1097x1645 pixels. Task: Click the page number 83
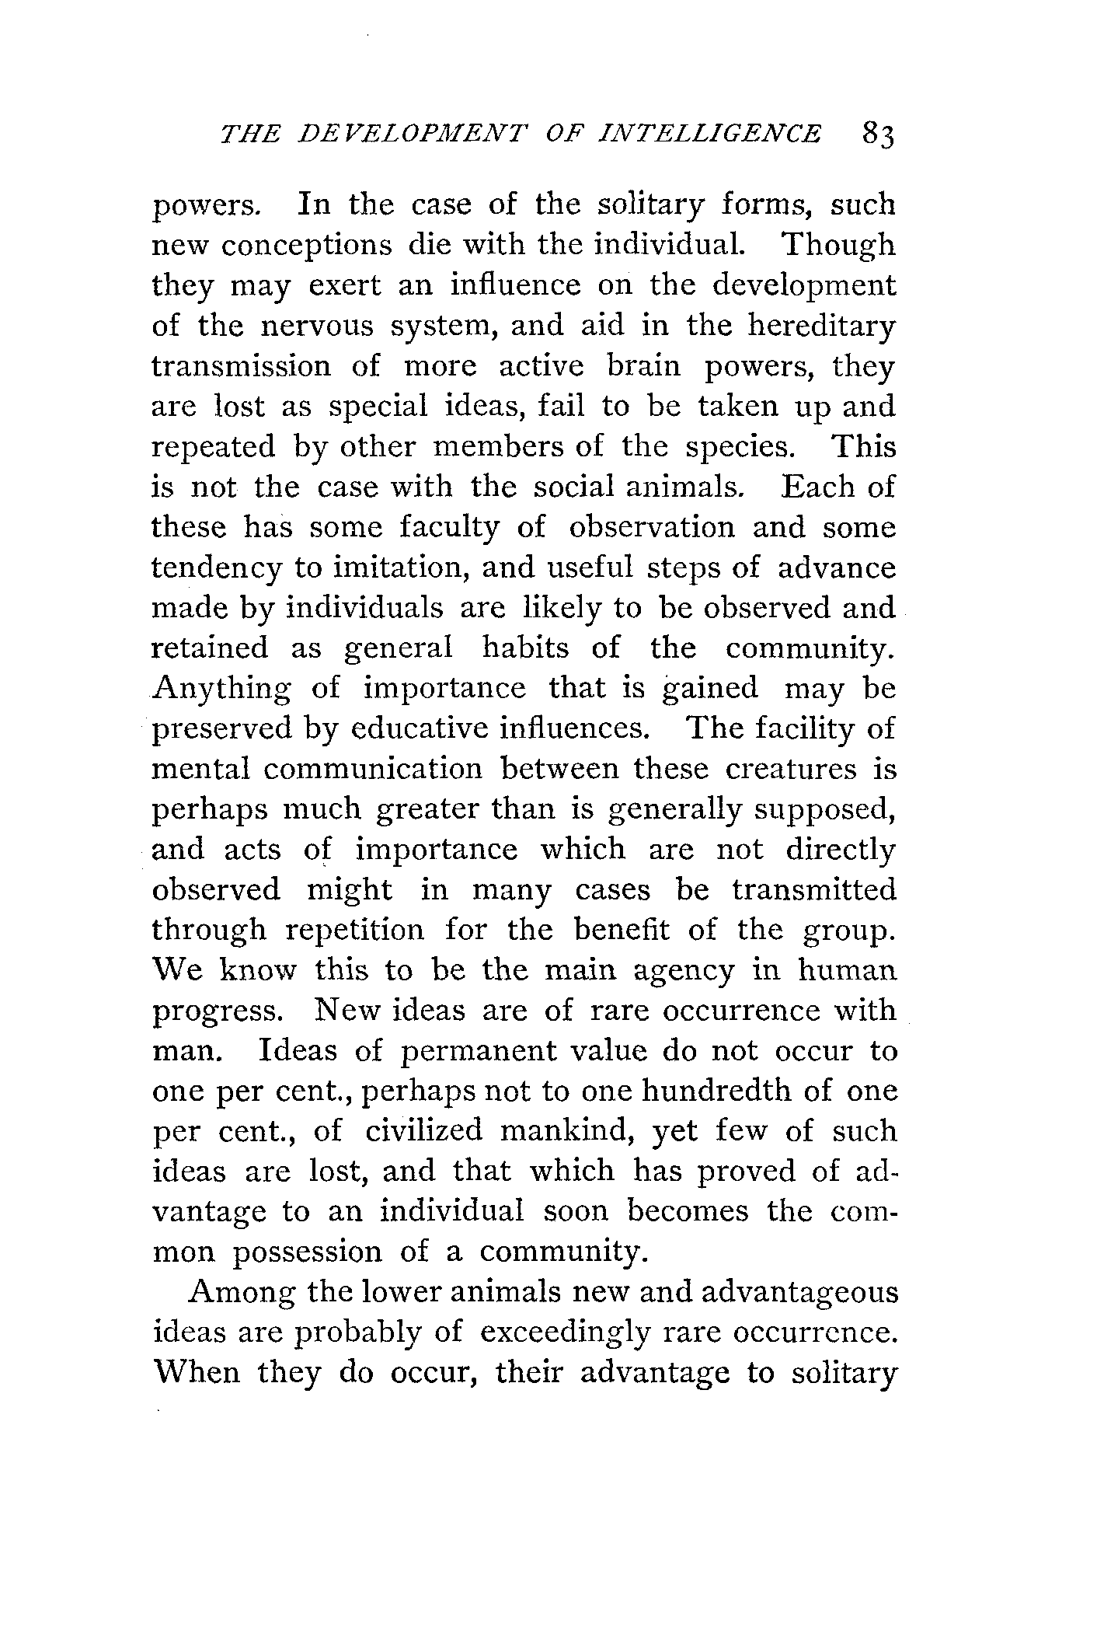(878, 134)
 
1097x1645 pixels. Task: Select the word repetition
(357, 931)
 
